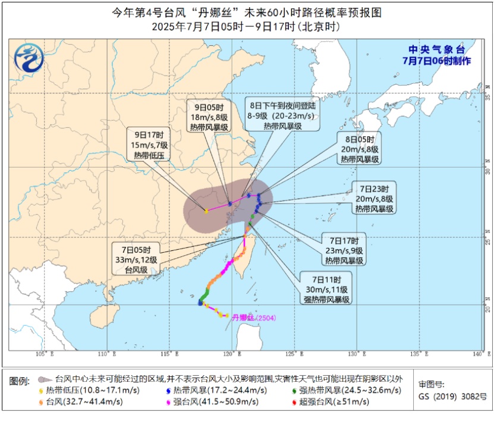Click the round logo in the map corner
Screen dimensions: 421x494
point(29,58)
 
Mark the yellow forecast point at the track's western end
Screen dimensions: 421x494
point(206,211)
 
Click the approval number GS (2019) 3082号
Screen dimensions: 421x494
point(444,396)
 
